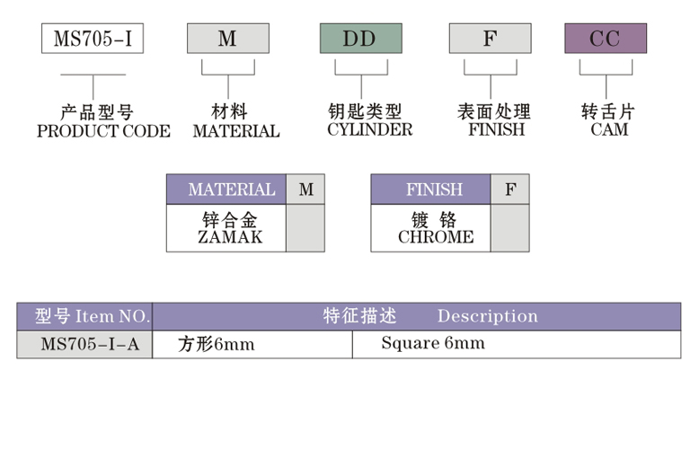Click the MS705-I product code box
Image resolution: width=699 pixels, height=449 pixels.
[93, 39]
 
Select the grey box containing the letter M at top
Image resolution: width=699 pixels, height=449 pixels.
[227, 39]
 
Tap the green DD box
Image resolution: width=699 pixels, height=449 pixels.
[360, 39]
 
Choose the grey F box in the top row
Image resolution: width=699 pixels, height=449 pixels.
[490, 39]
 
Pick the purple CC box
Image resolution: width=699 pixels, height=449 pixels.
[605, 39]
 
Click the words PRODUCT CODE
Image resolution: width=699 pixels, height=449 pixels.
[103, 131]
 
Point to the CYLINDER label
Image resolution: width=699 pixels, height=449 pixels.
[369, 129]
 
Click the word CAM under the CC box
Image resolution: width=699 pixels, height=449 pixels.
[609, 129]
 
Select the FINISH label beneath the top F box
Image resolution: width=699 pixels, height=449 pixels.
[493, 129]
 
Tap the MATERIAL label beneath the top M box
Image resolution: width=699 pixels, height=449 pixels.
[236, 131]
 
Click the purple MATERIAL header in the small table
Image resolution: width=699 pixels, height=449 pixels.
[231, 189]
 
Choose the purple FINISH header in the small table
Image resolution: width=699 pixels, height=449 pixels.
[434, 189]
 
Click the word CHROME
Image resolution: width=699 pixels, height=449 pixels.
[435, 237]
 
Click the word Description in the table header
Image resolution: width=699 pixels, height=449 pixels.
[487, 316]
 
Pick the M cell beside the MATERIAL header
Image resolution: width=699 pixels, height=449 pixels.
[305, 189]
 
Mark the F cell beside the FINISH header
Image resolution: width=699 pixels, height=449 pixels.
[510, 189]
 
